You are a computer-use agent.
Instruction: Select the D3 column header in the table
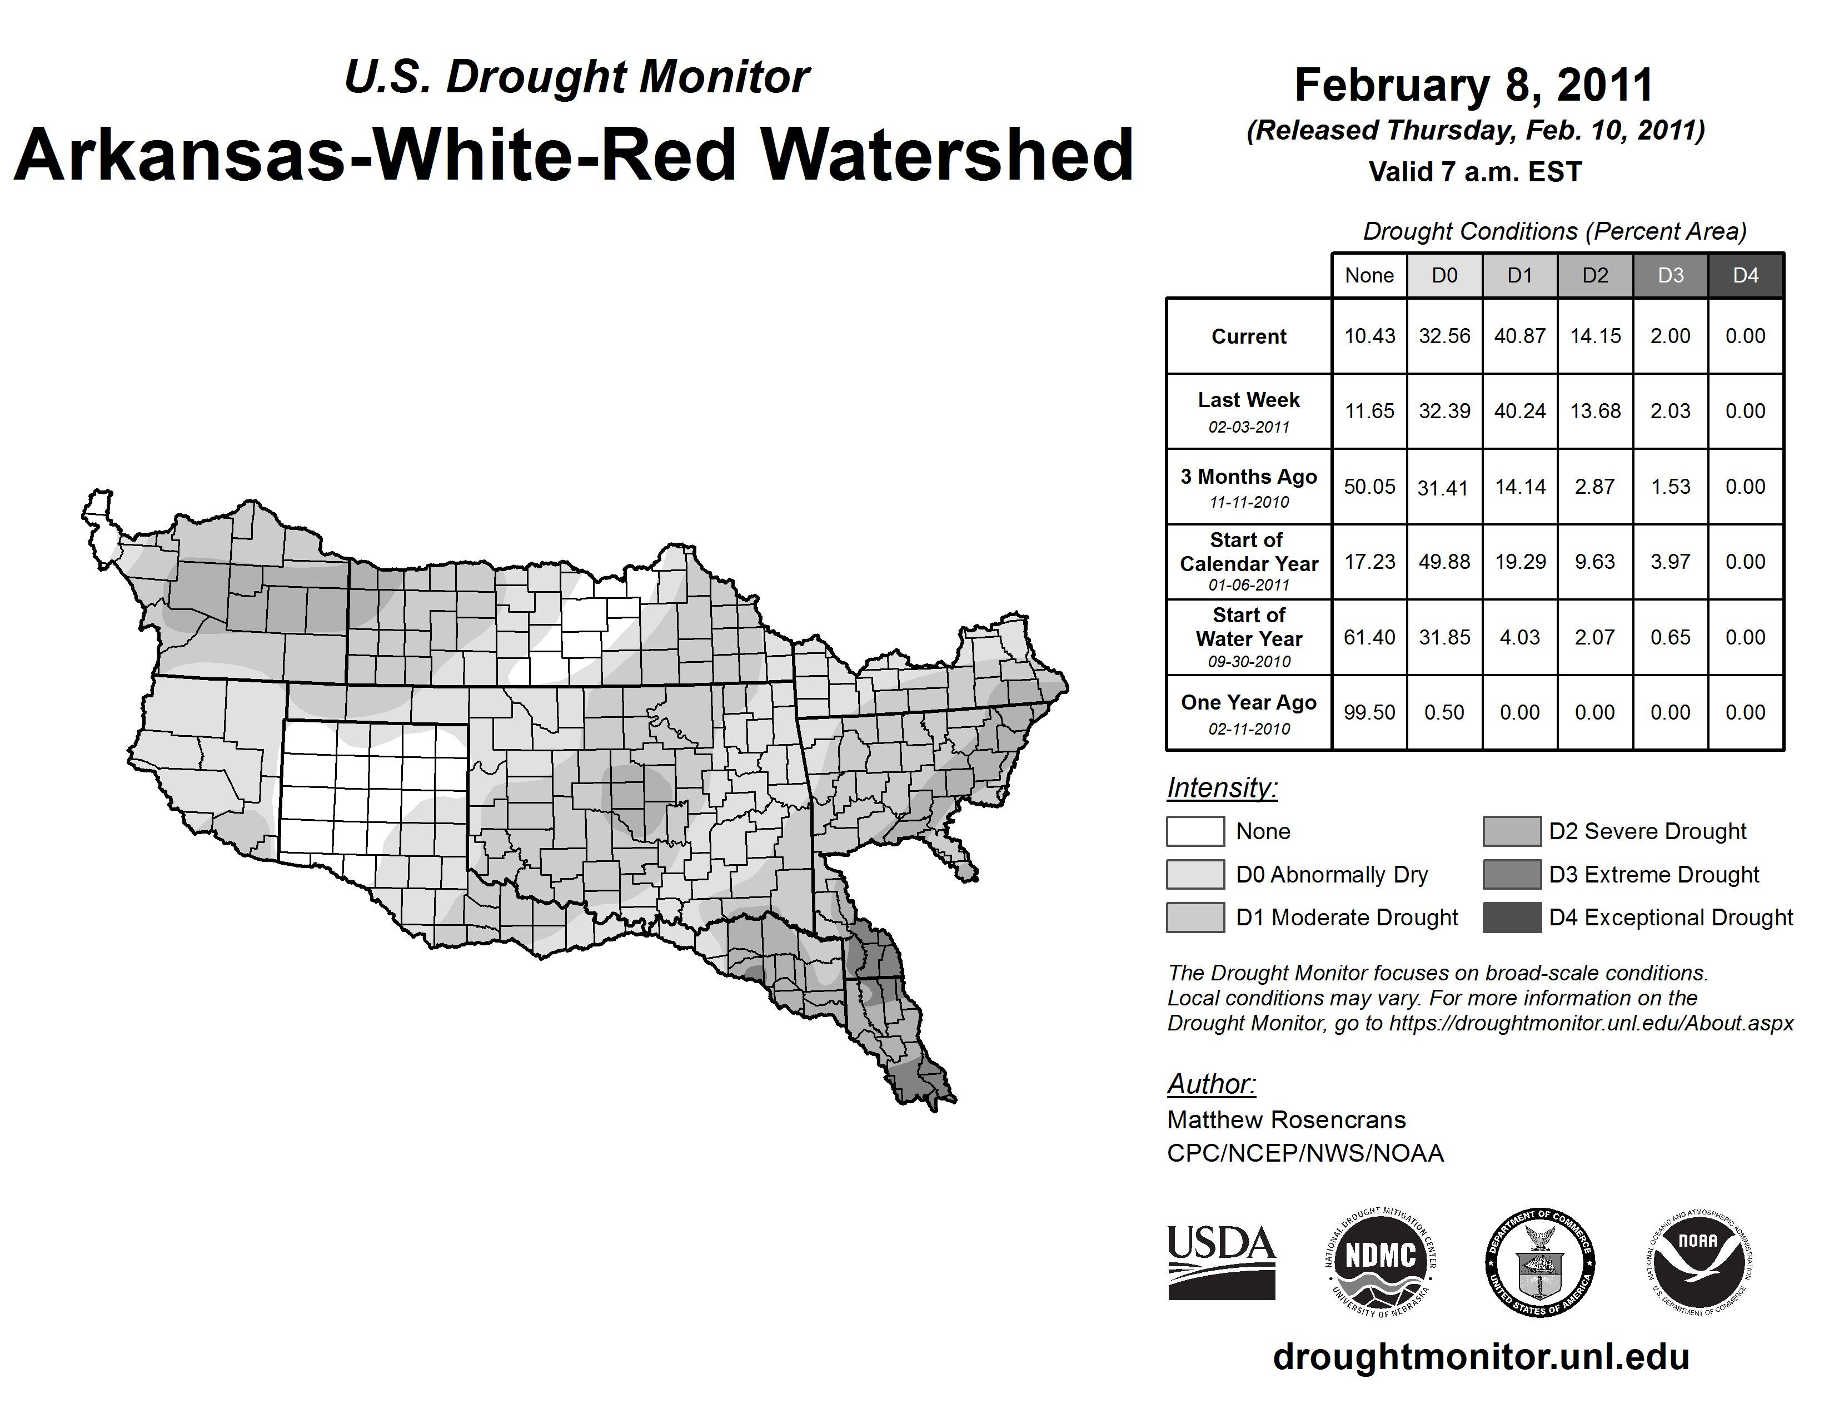[x=1670, y=275]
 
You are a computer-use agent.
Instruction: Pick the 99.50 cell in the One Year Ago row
[x=1369, y=712]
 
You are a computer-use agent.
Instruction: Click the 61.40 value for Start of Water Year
[x=1369, y=638]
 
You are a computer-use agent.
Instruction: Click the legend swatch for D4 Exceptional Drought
[x=1512, y=918]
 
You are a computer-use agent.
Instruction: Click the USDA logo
[x=1221, y=1262]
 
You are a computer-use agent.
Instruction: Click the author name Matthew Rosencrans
[x=1285, y=1120]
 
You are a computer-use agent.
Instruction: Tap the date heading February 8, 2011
[x=1474, y=85]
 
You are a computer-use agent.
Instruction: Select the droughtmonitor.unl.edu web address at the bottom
[x=1481, y=1357]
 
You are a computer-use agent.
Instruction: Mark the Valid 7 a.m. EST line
[x=1474, y=172]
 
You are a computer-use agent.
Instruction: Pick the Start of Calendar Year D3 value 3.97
[x=1670, y=562]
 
